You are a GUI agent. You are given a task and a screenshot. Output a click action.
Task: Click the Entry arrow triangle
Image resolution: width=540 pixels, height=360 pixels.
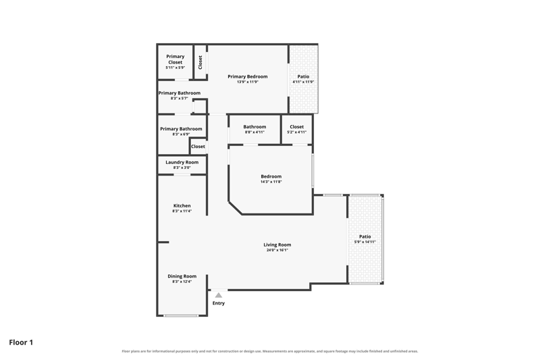218,295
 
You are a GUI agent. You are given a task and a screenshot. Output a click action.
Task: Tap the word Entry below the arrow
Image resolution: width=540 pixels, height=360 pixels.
218,303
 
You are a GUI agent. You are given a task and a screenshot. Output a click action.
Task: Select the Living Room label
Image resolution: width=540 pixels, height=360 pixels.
277,245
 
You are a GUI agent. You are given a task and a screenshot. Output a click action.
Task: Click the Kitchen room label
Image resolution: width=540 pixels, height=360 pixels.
182,205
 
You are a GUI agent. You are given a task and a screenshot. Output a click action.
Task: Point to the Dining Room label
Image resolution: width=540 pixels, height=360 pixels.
182,276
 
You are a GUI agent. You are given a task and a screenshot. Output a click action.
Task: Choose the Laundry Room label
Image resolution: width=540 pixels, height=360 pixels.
182,162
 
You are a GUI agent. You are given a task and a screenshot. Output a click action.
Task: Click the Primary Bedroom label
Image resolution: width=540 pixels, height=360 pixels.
248,76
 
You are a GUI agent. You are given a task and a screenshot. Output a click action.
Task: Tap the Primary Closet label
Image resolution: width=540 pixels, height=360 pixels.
175,59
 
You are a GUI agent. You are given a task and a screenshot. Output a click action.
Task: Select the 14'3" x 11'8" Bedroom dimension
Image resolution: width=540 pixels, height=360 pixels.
271,182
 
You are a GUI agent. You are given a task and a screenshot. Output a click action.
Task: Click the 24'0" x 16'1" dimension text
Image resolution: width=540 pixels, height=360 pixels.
277,250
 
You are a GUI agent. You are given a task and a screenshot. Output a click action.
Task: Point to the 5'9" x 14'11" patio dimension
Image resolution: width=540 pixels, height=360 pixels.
365,242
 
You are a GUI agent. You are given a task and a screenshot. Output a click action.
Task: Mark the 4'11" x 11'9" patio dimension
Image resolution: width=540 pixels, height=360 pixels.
303,82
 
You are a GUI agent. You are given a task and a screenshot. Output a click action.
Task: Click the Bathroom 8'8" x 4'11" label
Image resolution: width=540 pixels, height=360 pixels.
255,129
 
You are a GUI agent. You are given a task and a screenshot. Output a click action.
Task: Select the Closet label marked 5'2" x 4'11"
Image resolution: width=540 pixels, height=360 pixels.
297,129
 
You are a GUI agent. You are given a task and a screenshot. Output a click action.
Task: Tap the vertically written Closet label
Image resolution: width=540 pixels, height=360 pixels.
200,62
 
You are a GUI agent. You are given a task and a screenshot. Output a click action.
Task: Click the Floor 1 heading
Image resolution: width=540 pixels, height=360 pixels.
21,342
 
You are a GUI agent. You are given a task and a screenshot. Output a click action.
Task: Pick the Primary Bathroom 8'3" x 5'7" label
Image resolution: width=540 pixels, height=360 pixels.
180,95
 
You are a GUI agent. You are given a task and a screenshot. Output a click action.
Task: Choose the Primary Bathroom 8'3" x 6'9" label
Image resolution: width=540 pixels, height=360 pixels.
181,131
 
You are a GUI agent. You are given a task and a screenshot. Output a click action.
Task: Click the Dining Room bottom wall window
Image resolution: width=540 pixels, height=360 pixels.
181,315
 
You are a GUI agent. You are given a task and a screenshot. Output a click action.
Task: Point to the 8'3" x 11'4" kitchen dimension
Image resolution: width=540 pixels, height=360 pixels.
182,211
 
